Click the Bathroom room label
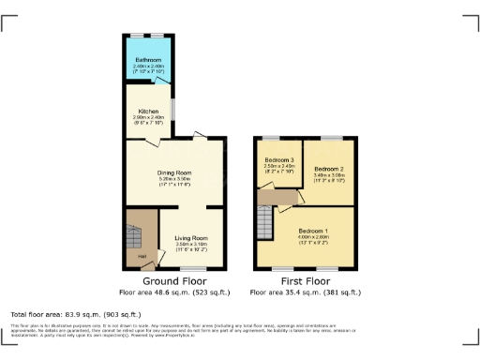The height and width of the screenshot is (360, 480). [x=149, y=59]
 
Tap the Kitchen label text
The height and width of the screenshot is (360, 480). [x=149, y=110]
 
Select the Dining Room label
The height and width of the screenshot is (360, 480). [x=173, y=172]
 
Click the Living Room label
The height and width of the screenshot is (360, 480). [x=192, y=238]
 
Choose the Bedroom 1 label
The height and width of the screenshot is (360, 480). [x=313, y=231]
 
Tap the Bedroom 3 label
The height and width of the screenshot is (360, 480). [x=279, y=160]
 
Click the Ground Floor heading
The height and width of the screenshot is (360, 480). [x=173, y=280]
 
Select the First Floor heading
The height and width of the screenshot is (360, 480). [x=306, y=280]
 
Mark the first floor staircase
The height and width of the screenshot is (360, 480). [x=265, y=223]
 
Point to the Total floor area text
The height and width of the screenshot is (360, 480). [x=75, y=314]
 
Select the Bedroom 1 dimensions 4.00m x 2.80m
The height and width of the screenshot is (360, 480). [x=313, y=237]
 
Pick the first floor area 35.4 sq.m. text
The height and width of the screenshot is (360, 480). [x=306, y=292]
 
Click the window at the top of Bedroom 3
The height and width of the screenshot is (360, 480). [x=278, y=138]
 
